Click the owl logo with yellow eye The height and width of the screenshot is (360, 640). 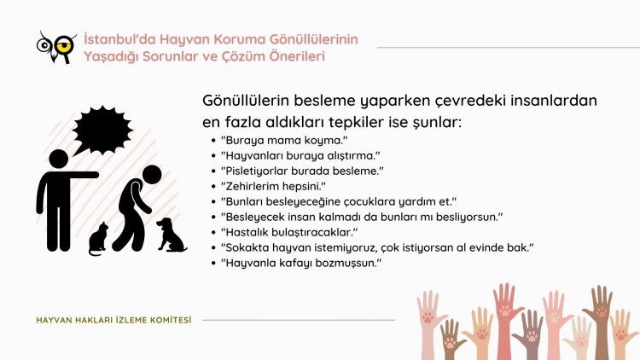[x=56, y=47]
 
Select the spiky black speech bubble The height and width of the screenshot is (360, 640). [x=102, y=131]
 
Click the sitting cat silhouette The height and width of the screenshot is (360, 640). [x=98, y=239]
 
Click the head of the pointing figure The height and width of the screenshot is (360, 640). [x=59, y=160]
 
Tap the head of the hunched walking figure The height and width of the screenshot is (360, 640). [x=152, y=175]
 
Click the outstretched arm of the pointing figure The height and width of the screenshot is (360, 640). [x=82, y=175]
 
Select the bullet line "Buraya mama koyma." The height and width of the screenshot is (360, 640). [x=284, y=141]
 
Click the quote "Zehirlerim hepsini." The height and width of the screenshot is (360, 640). [x=273, y=186]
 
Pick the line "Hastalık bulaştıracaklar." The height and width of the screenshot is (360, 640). [x=289, y=232]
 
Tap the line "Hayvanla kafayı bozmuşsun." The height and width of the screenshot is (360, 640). [x=301, y=263]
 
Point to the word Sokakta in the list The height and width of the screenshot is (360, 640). [x=247, y=247]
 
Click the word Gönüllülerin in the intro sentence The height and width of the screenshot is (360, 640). [x=246, y=101]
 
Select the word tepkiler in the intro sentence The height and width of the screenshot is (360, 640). [x=356, y=122]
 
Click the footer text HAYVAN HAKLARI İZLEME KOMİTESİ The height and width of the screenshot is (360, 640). [x=113, y=320]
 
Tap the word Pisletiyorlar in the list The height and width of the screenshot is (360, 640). [x=255, y=171]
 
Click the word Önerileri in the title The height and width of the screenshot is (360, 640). [x=297, y=56]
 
